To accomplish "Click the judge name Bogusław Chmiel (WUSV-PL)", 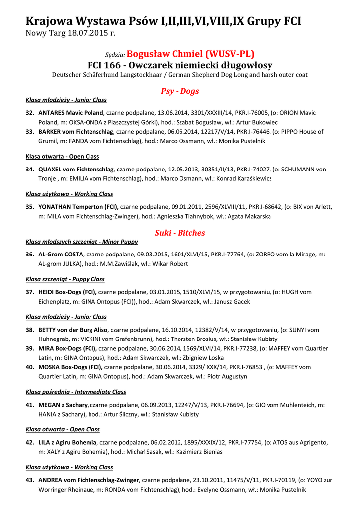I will [191, 54].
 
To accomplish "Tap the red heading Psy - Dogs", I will [180, 91].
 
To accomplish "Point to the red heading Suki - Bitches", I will [180, 233].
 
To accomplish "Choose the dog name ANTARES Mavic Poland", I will [71, 113].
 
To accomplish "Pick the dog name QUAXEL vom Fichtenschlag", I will [76, 170].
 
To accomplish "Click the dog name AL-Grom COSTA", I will [61, 254].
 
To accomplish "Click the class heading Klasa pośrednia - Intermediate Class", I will [76, 392].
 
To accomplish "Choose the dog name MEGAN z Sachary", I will [63, 405].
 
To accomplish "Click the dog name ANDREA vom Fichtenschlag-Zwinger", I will [89, 480].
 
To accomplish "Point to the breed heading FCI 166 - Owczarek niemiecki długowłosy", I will [180, 65].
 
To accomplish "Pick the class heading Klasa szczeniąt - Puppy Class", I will [65, 279].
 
